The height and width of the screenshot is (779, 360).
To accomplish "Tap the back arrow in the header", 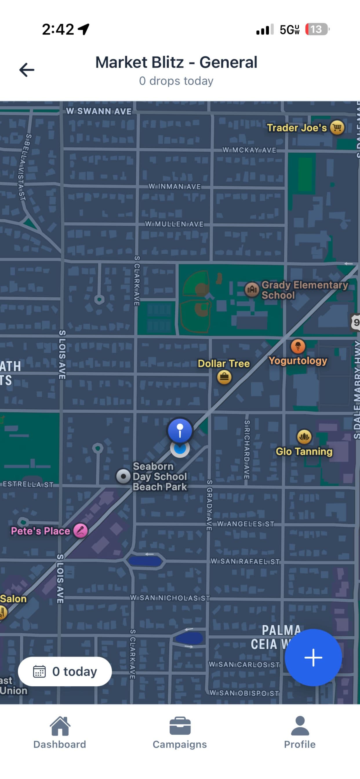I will point(27,70).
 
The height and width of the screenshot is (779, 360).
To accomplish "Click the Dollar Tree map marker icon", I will point(224,377).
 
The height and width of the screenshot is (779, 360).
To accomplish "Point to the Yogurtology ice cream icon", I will point(298,346).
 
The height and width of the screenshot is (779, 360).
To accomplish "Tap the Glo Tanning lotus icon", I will point(304,436).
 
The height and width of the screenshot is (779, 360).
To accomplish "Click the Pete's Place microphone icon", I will point(81,530).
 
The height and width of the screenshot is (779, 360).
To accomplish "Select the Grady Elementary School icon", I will point(252,290).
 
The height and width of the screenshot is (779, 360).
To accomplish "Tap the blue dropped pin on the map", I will point(180,430).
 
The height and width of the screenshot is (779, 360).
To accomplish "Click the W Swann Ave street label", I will point(99,111).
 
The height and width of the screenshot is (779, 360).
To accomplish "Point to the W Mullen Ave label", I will point(174,224).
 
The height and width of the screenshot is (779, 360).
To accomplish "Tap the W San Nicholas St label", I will point(170,598).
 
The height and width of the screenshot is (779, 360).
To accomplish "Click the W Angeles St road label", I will point(246,524).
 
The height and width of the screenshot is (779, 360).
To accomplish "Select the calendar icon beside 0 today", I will point(39,671).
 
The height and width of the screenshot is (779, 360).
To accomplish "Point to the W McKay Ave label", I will point(249,150).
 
